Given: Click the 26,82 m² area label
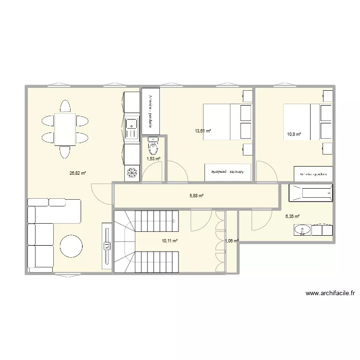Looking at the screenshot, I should pos(77,174).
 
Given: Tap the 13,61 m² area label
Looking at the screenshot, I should pos(203,131).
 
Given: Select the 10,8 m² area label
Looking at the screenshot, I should pos(294,134).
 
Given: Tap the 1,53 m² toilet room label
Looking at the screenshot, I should pos(154,158).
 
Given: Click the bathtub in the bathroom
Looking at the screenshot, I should pos(311,193).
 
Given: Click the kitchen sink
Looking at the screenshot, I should pos(132,128).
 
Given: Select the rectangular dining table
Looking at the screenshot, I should pos(65,129).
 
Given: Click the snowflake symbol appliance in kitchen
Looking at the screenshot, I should pos(132,173).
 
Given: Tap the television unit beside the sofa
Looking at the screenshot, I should pos(106,247).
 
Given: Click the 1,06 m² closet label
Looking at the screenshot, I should pos(231,241).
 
